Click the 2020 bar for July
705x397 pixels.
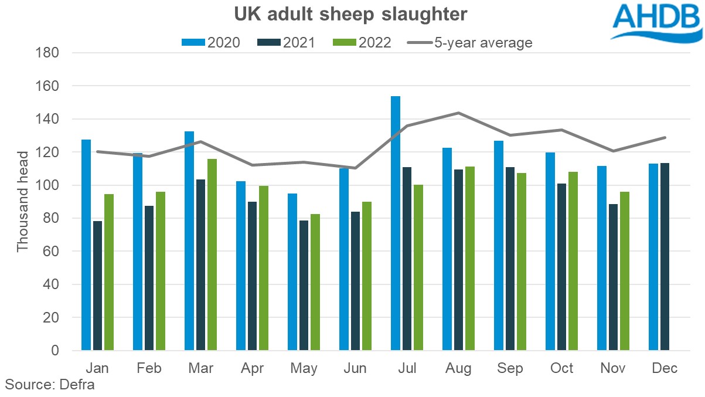396,223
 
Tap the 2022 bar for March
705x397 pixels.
212,255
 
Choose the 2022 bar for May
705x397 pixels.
315,282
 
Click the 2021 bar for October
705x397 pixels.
561,267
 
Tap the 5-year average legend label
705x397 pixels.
483,42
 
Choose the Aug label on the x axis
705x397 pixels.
458,368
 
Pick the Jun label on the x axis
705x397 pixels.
355,368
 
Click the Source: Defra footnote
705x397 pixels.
50,385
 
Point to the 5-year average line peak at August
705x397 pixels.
458,113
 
